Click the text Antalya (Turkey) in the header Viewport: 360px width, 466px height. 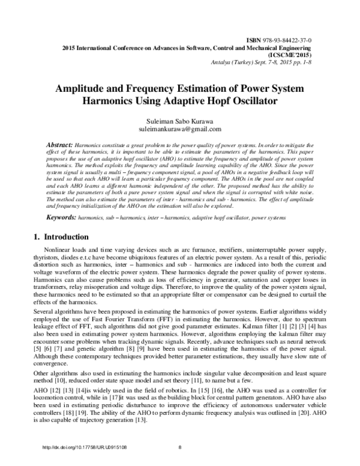[x=229, y=61]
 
